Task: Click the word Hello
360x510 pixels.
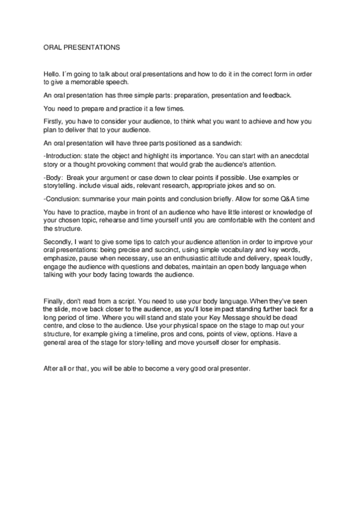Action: [53, 73]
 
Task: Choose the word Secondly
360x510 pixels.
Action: [60, 242]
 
